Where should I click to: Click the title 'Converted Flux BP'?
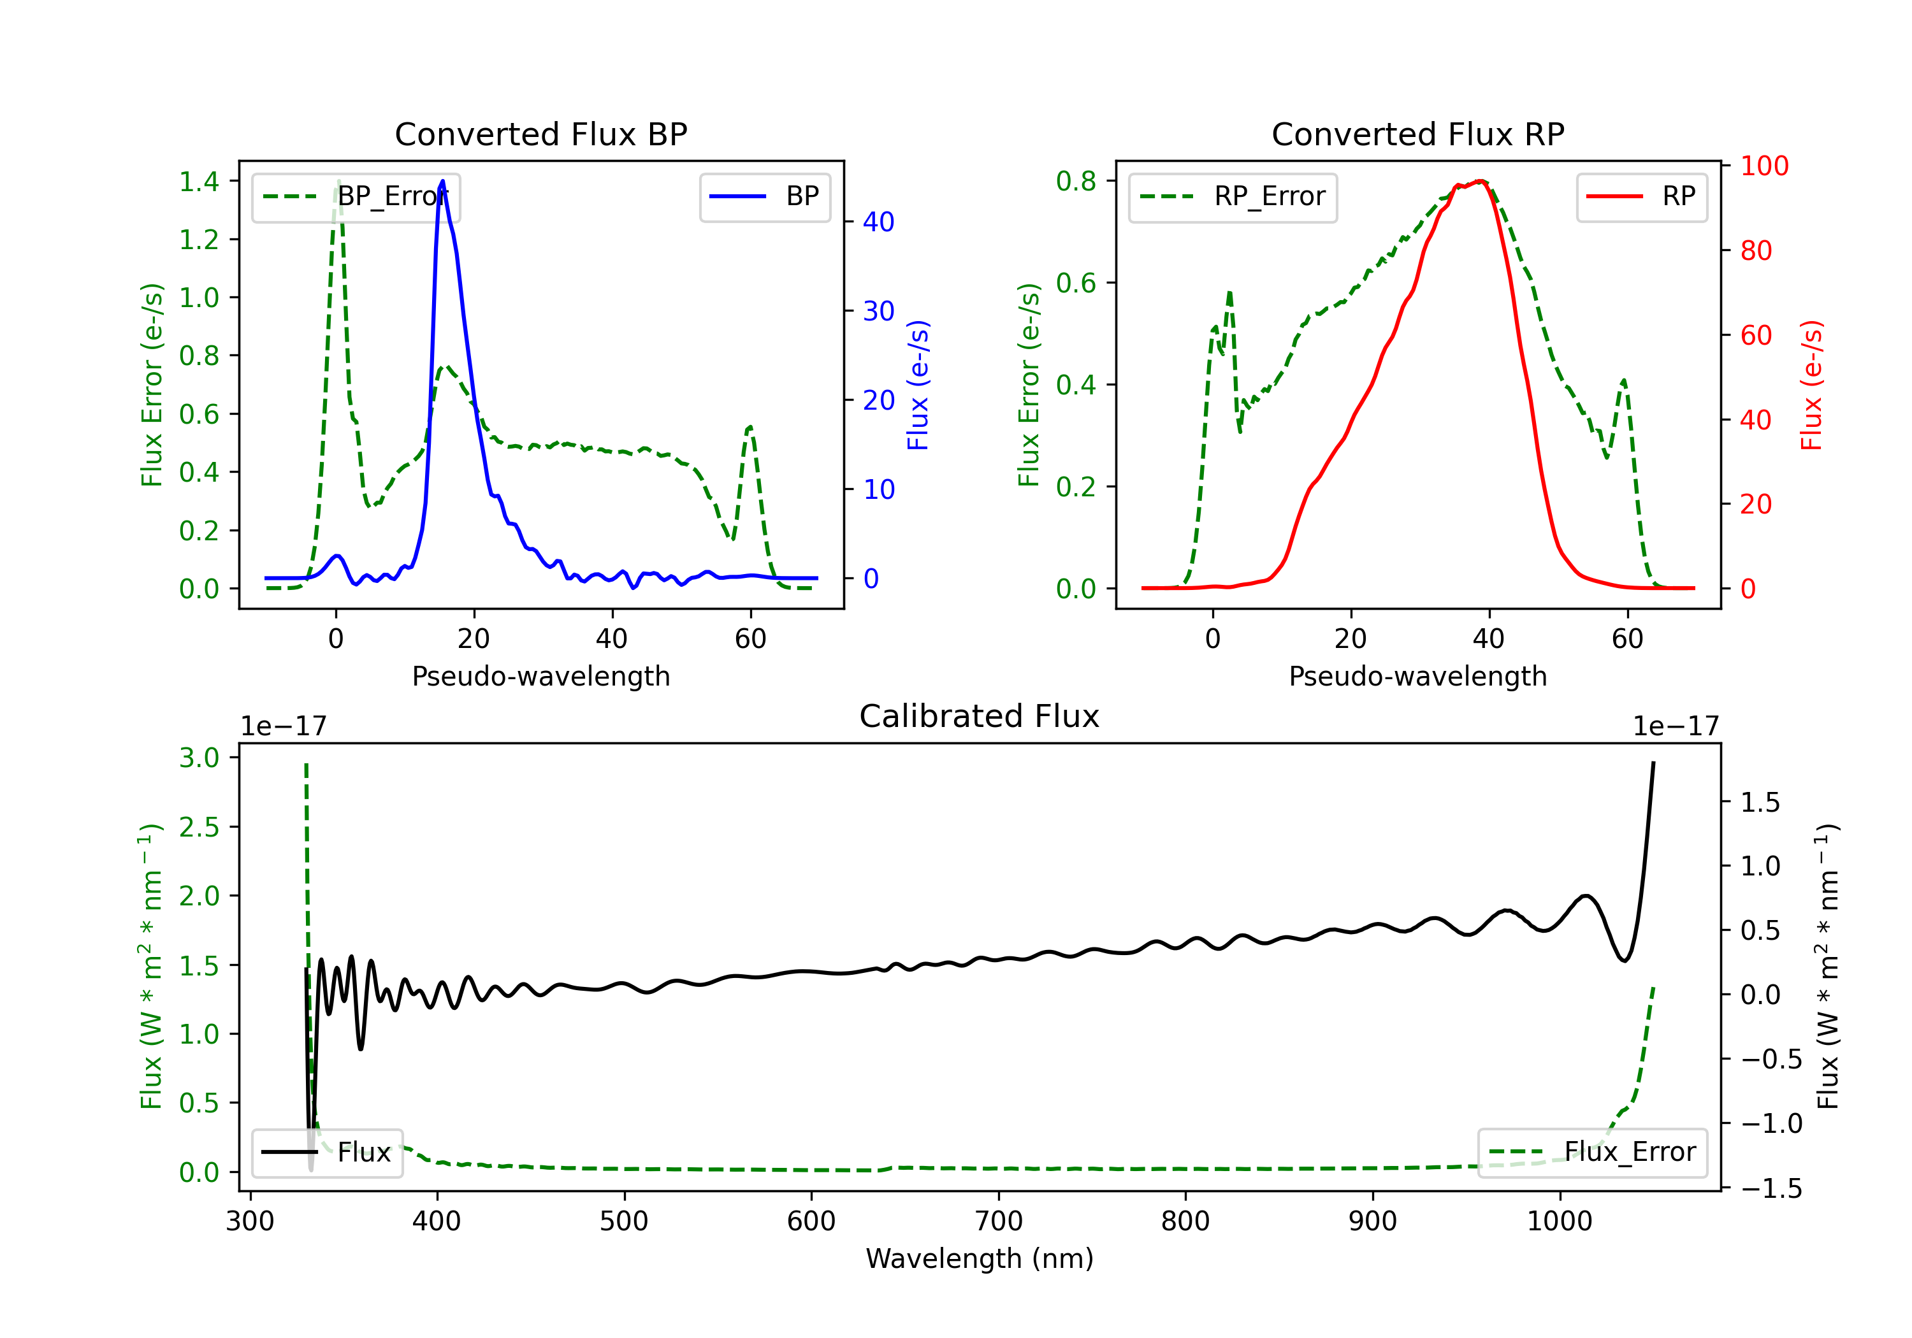(x=540, y=134)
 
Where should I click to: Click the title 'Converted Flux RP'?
(x=1417, y=134)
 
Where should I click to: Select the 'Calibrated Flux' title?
(x=980, y=716)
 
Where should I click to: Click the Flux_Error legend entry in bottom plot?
(x=1592, y=1153)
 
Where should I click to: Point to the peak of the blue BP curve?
(x=442, y=181)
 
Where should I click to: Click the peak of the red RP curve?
(x=1481, y=181)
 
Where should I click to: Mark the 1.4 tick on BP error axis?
(x=198, y=182)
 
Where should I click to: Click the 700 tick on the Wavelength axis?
(x=999, y=1221)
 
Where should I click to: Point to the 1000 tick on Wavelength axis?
(x=1560, y=1221)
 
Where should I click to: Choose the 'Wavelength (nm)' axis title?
(x=980, y=1258)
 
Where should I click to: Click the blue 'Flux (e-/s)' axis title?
(x=918, y=385)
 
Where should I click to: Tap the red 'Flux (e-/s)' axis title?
(x=1811, y=385)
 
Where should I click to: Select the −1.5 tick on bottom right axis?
(x=1771, y=1188)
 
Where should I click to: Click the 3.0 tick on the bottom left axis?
(x=198, y=758)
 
